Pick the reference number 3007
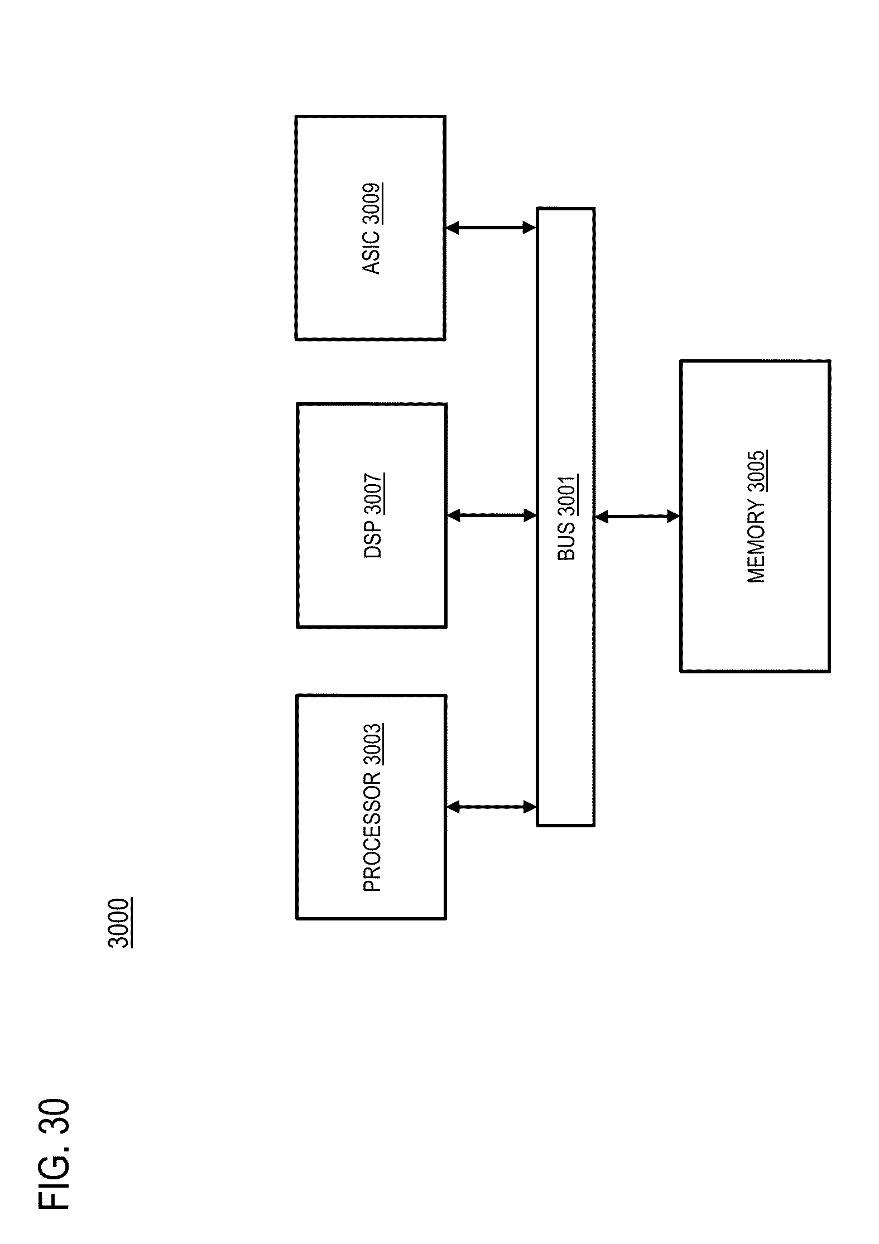(373, 493)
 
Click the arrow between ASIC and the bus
(491, 228)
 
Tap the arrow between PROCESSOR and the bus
(491, 806)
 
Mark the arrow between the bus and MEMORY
(637, 517)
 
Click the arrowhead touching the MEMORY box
(674, 517)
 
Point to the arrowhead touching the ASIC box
(453, 228)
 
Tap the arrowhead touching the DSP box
(454, 515)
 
